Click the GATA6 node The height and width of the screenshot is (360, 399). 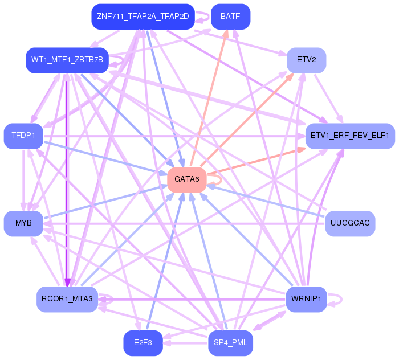point(187,180)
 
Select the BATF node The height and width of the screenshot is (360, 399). point(230,17)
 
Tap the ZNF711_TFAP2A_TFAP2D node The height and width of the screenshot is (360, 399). point(143,17)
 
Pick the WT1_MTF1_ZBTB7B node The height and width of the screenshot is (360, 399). point(67,60)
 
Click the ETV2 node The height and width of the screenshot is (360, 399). point(307,60)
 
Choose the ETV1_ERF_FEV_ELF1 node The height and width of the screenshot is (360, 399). point(350,136)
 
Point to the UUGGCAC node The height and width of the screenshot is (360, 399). point(350,223)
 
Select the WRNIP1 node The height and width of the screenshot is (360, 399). point(307,299)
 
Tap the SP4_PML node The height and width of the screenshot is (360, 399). point(230,343)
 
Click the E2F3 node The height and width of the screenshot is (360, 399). point(143,343)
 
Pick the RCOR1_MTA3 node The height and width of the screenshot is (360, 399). point(67,299)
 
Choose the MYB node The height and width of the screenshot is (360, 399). point(23,223)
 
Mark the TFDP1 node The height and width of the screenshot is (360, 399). point(23,136)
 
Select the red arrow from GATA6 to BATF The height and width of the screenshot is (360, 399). point(209,99)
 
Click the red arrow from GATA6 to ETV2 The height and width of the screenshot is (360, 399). point(247,120)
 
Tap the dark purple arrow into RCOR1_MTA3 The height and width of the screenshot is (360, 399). point(67,180)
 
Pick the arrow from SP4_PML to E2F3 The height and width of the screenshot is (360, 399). point(185,343)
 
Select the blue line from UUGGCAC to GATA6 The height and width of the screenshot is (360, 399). point(266,201)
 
